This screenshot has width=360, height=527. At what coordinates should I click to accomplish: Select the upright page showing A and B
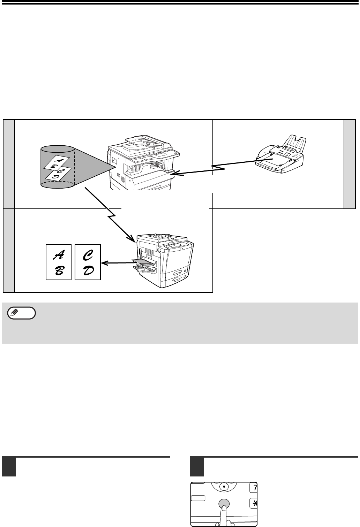59,262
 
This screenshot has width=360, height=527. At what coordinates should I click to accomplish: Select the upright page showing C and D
88,262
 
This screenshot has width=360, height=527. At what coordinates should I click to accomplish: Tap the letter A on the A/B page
58,255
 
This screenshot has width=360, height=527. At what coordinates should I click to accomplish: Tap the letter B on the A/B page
59,271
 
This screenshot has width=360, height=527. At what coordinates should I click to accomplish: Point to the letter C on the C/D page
87,255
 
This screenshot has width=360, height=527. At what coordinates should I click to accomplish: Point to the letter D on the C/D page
88,270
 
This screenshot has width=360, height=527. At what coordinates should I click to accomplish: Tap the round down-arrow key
224,487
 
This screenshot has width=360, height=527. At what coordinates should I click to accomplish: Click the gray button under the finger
224,504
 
